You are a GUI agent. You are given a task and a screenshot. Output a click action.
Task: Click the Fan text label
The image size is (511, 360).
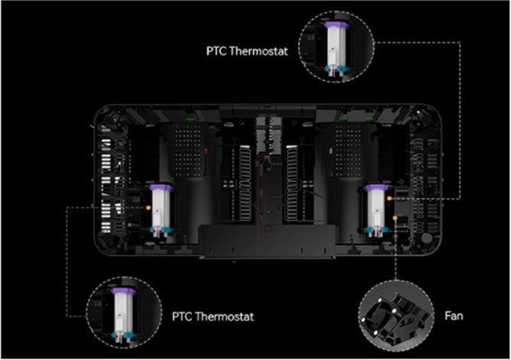point(454,316)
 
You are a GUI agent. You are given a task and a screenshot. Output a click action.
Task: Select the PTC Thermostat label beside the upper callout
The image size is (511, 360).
point(247,51)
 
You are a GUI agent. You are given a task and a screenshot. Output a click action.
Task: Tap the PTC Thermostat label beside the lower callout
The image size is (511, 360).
point(213,316)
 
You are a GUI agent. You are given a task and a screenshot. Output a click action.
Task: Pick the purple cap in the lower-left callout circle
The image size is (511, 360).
point(123,291)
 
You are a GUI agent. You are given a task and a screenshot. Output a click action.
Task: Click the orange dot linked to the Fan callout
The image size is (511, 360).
point(395,217)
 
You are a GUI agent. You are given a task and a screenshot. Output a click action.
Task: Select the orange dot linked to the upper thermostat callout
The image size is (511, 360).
point(389,198)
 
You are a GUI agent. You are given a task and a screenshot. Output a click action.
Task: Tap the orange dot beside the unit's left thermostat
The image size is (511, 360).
point(148,207)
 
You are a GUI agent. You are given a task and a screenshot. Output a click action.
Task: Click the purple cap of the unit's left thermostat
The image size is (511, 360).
point(161,187)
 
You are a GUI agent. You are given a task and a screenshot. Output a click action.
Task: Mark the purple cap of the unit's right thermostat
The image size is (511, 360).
point(376,187)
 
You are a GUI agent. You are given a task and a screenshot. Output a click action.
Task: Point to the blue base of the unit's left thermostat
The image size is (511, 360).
point(161,230)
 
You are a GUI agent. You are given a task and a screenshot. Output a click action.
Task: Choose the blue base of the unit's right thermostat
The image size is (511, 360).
point(376,230)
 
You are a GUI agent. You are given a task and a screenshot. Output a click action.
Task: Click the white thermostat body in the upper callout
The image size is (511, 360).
point(337,47)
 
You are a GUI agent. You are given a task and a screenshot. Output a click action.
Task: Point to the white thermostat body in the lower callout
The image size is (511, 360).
point(123,314)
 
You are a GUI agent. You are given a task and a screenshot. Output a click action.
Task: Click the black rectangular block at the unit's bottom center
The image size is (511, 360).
point(267,241)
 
